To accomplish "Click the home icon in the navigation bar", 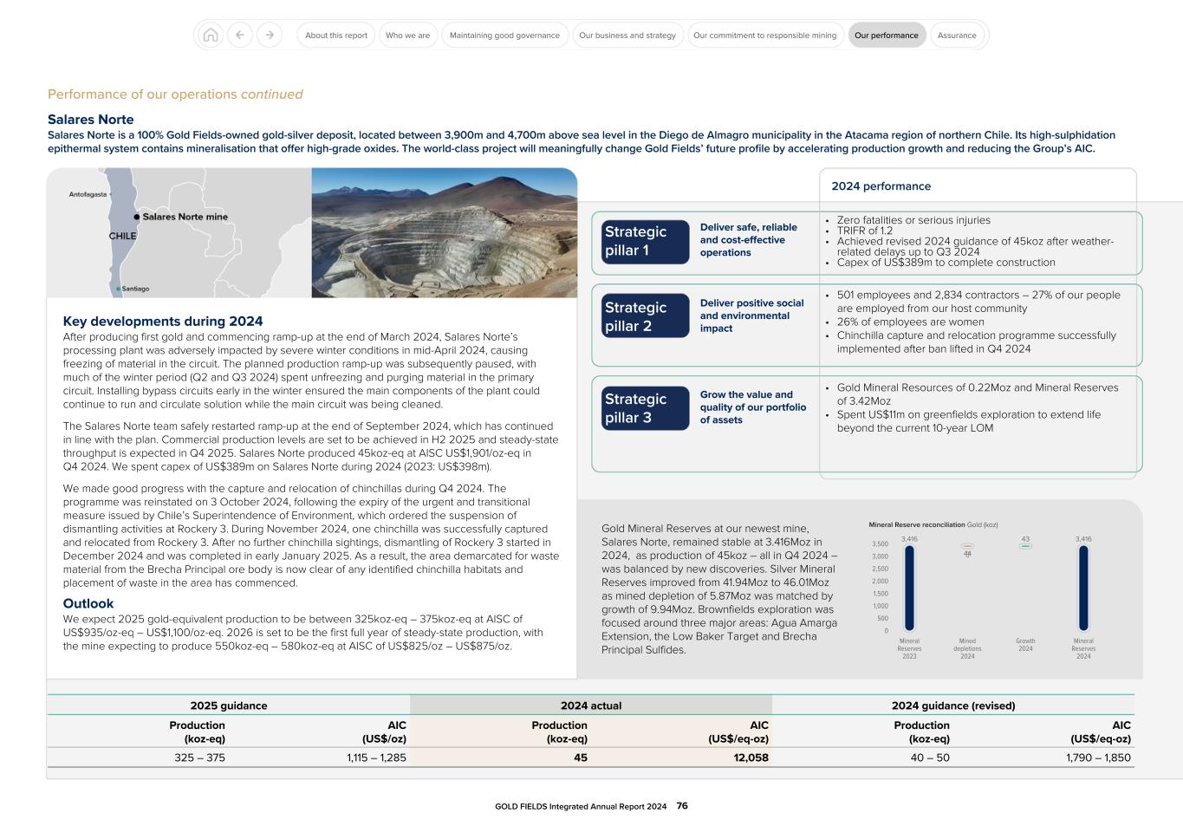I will click(210, 36).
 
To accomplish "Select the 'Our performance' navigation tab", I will click(886, 36).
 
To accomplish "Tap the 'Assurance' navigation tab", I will click(957, 36).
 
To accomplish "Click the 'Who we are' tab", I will click(407, 36).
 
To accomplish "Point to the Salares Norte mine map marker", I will click(137, 217).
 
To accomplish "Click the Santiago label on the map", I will click(134, 289).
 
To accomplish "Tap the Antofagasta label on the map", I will click(88, 194).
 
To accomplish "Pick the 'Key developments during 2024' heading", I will click(163, 322).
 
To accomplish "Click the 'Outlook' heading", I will click(88, 603).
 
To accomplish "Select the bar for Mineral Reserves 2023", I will click(909, 588).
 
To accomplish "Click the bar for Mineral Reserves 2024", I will click(1083, 588).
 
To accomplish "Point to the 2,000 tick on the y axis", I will click(880, 582).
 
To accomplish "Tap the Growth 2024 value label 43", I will click(1025, 539).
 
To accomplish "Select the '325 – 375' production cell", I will click(199, 758).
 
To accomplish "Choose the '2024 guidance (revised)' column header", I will click(952, 706).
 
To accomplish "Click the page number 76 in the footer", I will click(682, 806).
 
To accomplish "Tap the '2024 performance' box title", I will click(881, 186).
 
